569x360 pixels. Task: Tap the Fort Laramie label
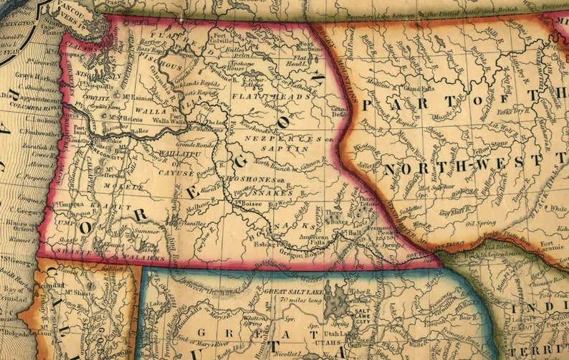[x=553, y=246]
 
